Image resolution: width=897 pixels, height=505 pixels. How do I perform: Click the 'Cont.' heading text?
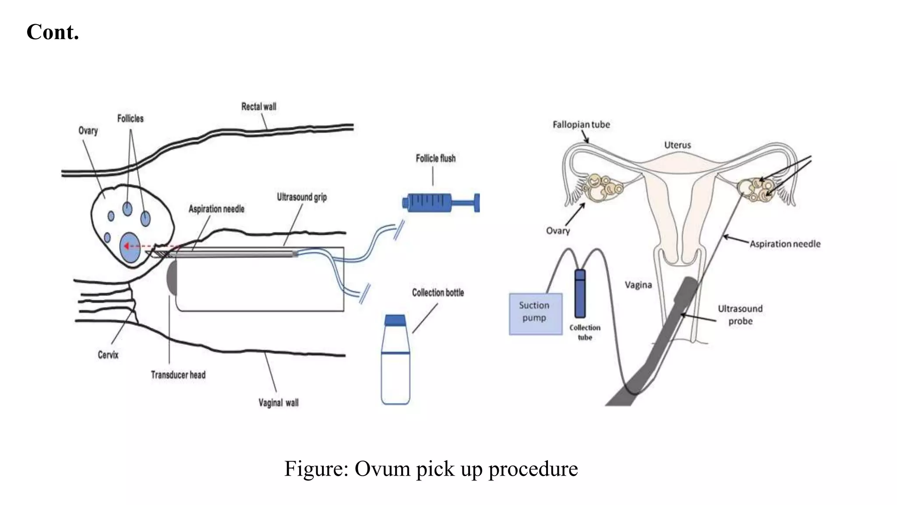[x=53, y=32]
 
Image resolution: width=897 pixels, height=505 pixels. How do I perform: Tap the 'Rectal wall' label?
[x=258, y=107]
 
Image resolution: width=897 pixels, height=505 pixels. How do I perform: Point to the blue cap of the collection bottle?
[x=395, y=320]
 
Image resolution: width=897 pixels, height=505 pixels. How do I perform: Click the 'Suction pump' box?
[x=535, y=314]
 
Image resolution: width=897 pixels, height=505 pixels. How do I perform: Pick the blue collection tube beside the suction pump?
[x=580, y=294]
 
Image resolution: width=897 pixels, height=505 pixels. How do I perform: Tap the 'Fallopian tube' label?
[x=581, y=125]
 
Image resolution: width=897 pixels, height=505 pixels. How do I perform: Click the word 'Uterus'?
[x=677, y=145]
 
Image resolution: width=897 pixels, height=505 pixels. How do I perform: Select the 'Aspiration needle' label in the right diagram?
[x=784, y=244]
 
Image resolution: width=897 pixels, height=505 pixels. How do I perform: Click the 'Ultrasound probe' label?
[x=740, y=315]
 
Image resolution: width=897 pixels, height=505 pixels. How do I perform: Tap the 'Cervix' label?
[x=108, y=355]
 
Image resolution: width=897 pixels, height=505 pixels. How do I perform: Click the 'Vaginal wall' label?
[x=278, y=402]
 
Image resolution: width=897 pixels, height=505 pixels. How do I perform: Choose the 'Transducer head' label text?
[x=178, y=375]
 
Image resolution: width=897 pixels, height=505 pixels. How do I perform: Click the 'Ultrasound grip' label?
[x=301, y=197]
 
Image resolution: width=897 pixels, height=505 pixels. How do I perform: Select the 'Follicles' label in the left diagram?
[x=130, y=118]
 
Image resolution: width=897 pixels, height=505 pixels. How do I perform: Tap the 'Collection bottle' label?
[x=438, y=293]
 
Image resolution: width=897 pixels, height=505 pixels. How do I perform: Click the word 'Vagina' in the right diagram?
[x=638, y=285]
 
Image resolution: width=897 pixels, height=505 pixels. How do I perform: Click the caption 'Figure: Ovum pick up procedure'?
[x=431, y=469]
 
